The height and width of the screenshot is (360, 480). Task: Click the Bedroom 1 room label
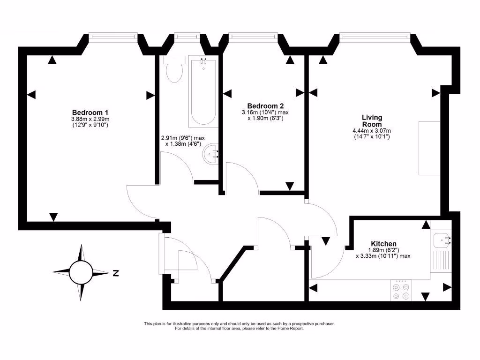pyautogui.click(x=90, y=112)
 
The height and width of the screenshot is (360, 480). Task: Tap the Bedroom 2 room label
pyautogui.click(x=265, y=106)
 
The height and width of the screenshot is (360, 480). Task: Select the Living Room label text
pyautogui.click(x=372, y=120)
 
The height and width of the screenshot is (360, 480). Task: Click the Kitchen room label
pyautogui.click(x=384, y=244)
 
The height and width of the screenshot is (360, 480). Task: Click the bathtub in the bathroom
pyautogui.click(x=203, y=91)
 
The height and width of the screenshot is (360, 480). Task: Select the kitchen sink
pyautogui.click(x=441, y=240)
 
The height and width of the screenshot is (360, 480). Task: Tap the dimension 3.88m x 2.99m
pyautogui.click(x=90, y=120)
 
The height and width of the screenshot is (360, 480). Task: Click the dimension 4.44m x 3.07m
pyautogui.click(x=372, y=131)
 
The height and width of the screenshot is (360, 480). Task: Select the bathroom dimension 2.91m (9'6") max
pyautogui.click(x=183, y=138)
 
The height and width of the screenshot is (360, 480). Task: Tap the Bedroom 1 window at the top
pyautogui.click(x=113, y=35)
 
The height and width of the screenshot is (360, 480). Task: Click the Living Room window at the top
pyautogui.click(x=375, y=35)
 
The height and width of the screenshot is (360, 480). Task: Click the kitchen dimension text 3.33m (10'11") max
pyautogui.click(x=383, y=256)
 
